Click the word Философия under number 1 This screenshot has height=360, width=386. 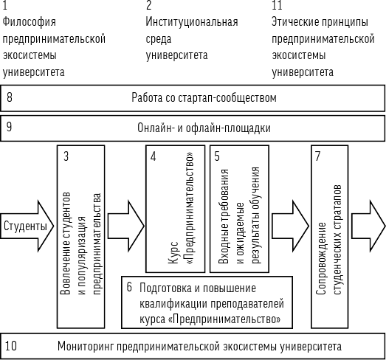click(x=29, y=22)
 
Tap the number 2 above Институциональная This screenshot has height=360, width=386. click(x=148, y=5)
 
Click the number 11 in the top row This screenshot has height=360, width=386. click(x=277, y=5)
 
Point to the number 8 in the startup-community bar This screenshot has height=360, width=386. click(x=10, y=97)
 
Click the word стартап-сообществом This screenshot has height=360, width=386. click(x=227, y=97)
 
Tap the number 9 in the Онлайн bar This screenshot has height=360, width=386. click(x=9, y=127)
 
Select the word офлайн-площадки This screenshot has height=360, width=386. click(x=228, y=128)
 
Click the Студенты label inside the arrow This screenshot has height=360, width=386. click(x=25, y=226)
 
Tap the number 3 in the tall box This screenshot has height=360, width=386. click(x=66, y=156)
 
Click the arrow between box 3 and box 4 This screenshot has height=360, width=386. click(x=125, y=226)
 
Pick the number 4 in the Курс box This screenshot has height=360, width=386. click(x=153, y=156)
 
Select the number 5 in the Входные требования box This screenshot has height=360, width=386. click(x=217, y=156)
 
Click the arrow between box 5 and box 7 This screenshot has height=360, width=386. click(x=290, y=226)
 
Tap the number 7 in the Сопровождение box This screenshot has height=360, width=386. click(x=318, y=156)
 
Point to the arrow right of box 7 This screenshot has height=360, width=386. click(x=368, y=226)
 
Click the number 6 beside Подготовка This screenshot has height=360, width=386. click(x=129, y=287)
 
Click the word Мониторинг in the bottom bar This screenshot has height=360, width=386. click(x=86, y=347)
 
